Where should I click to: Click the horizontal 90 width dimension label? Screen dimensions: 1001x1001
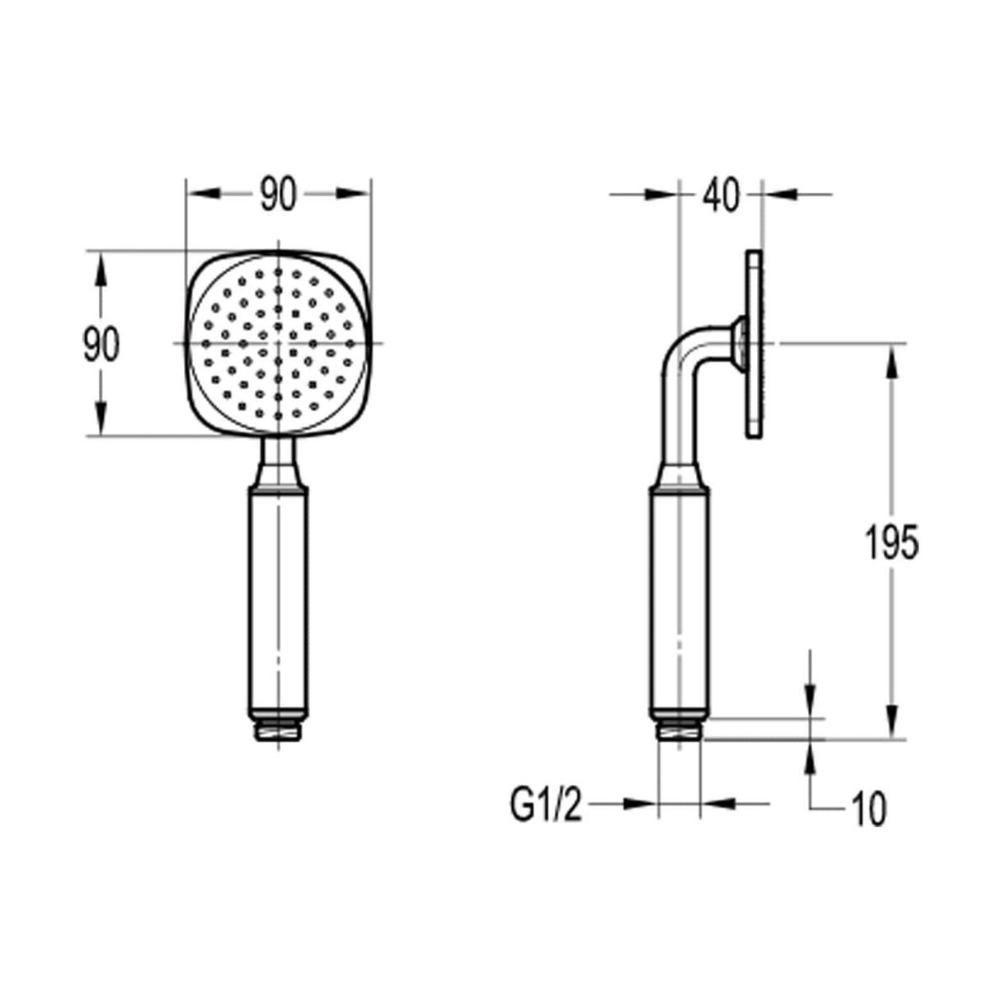point(278,195)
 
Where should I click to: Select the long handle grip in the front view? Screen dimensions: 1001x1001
point(278,602)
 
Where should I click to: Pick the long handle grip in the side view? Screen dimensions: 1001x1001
point(679,602)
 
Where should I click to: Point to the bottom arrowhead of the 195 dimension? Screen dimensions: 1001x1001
point(891,726)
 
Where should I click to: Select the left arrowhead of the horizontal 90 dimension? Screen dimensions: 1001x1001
point(203,195)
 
